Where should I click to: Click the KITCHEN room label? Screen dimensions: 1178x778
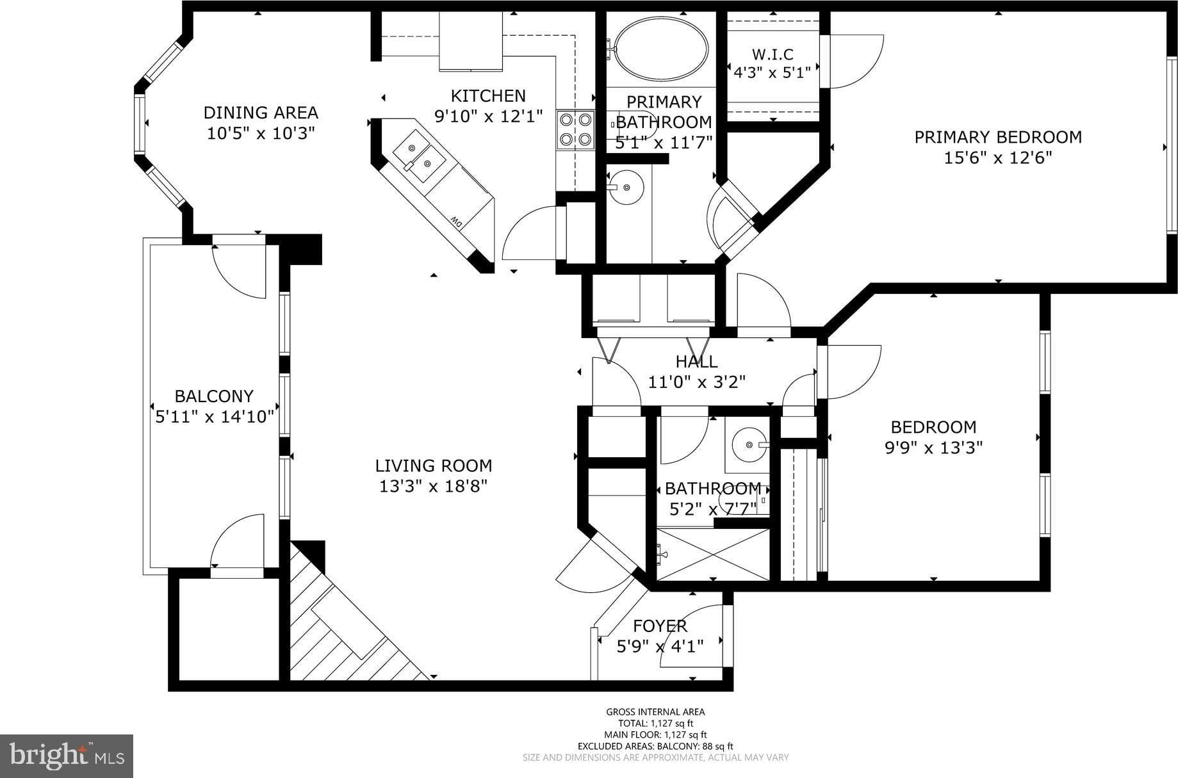488,96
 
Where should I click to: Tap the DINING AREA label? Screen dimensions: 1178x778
261,113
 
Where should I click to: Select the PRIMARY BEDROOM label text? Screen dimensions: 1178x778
998,137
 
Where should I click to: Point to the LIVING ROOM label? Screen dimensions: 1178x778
434,466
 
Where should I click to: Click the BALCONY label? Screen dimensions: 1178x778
214,396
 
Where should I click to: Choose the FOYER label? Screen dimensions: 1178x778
660,626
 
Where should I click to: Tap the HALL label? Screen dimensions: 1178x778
696,362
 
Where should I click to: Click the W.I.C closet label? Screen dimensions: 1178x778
773,54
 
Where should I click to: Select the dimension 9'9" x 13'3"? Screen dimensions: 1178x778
933,447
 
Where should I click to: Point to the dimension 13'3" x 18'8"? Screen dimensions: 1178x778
434,487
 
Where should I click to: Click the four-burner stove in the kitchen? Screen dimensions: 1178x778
575,129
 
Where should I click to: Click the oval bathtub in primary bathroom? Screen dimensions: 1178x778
660,49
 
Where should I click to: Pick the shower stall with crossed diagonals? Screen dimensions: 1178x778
713,555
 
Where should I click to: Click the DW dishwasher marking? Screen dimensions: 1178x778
456,222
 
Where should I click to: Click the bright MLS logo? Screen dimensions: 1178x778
67,756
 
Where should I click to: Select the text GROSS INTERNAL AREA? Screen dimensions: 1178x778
655,711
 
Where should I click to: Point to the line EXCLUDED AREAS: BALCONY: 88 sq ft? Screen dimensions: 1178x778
655,746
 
